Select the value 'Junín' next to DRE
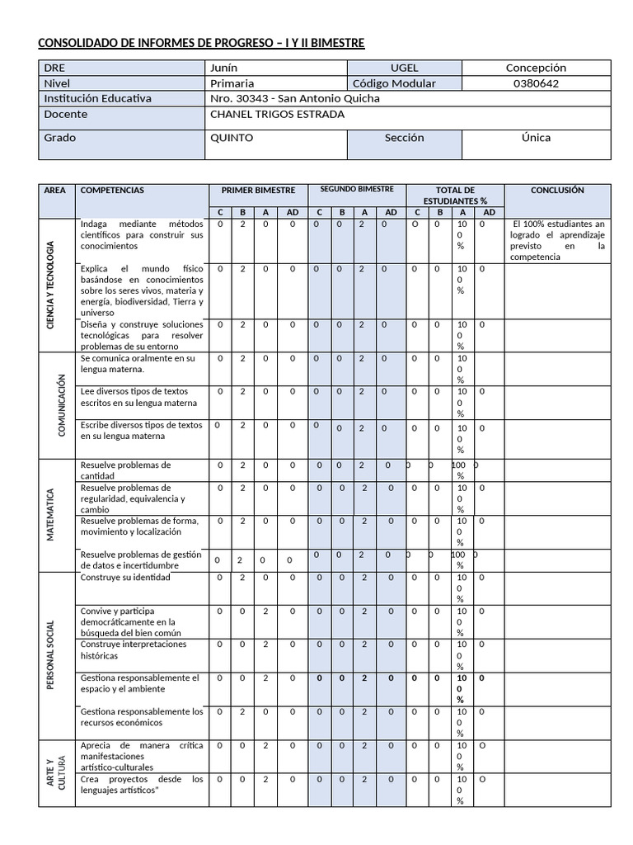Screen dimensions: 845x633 (224, 68)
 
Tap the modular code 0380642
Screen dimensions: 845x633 (536, 83)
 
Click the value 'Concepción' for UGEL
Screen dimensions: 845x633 (536, 68)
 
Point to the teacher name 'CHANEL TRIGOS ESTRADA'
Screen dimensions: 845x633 (278, 114)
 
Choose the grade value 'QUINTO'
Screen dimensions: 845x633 (232, 138)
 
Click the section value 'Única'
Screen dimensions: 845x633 (536, 138)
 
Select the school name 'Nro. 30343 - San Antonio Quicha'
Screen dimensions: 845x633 (295, 98)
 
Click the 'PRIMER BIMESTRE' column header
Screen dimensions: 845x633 (258, 190)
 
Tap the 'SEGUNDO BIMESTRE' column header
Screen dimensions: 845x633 (356, 189)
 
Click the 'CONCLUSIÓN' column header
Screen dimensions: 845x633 (557, 190)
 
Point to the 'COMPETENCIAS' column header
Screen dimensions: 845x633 (112, 190)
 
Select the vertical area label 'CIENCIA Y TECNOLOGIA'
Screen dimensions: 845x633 (50, 286)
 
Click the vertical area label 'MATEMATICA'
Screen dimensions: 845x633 (50, 514)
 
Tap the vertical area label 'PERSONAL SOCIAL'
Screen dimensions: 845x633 (50, 654)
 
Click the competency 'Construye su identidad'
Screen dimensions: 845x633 (125, 578)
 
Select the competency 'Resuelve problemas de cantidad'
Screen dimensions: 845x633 (125, 470)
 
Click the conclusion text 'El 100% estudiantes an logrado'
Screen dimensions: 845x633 (557, 240)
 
